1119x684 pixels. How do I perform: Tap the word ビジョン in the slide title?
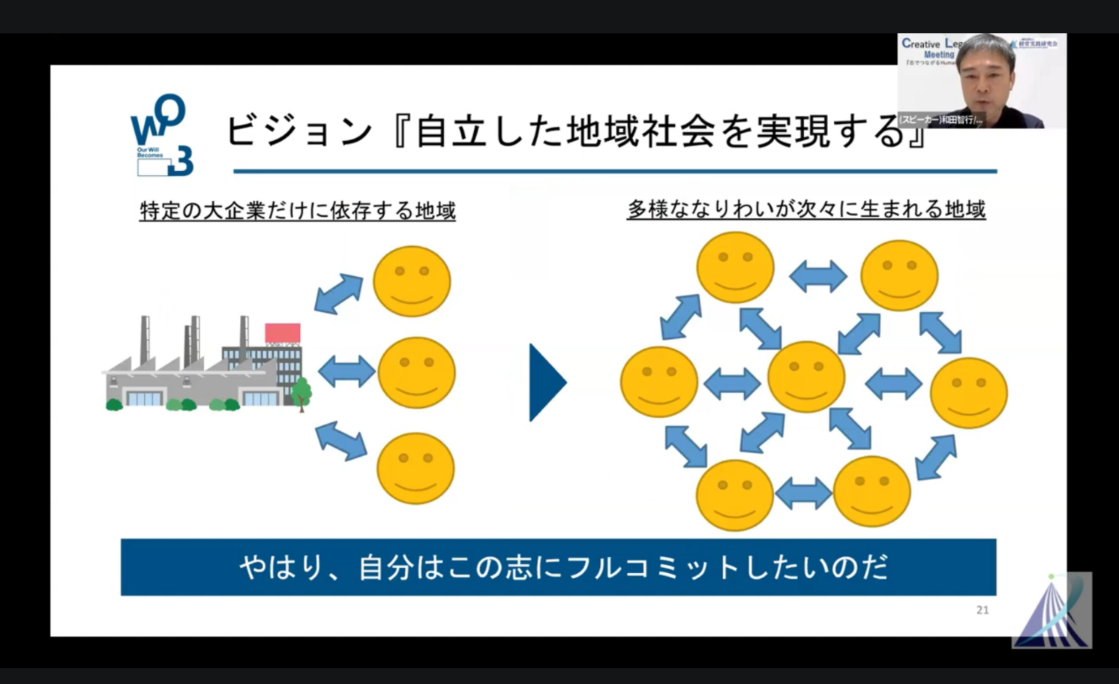[x=299, y=131]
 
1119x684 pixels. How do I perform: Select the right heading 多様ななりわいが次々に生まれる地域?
[x=806, y=209]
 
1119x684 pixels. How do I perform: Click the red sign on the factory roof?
[x=283, y=333]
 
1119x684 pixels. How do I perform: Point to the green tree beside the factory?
[x=301, y=391]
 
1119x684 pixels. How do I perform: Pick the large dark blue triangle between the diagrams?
[x=547, y=382]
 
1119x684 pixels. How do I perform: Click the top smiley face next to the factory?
[x=412, y=281]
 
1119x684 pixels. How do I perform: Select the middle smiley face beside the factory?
[x=416, y=373]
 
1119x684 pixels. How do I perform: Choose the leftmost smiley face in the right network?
[x=659, y=382]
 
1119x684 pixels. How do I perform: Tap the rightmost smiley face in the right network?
[x=968, y=393]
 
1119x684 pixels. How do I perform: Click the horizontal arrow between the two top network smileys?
[x=817, y=276]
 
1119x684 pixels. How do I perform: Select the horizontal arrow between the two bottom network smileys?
[x=803, y=493]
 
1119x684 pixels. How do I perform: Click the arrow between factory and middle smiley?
[x=346, y=371]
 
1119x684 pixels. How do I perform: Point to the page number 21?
[x=982, y=610]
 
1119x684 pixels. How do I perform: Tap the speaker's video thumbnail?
[x=981, y=81]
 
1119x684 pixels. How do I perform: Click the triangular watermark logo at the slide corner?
[x=1051, y=610]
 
